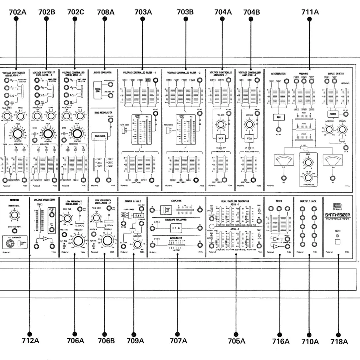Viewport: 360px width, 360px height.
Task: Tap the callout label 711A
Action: click(x=310, y=12)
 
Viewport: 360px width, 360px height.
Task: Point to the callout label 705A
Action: click(x=236, y=341)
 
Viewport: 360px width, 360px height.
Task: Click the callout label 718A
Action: click(x=339, y=341)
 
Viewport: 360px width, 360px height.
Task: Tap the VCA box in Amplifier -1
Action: click(x=220, y=138)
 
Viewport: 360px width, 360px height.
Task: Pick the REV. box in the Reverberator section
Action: click(x=278, y=117)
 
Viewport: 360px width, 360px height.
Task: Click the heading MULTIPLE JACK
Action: click(x=307, y=201)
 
